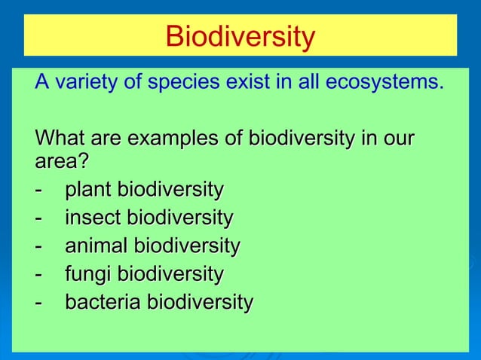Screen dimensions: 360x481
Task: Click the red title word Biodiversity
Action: click(x=240, y=35)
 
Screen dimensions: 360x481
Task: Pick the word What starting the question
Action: click(x=60, y=140)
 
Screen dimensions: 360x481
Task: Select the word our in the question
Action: click(x=398, y=140)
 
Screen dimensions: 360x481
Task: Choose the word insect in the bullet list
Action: click(x=93, y=218)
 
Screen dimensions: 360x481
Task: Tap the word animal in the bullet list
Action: click(x=96, y=246)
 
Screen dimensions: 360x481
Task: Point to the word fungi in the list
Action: click(x=87, y=274)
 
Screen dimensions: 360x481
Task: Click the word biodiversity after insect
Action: click(x=179, y=218)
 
